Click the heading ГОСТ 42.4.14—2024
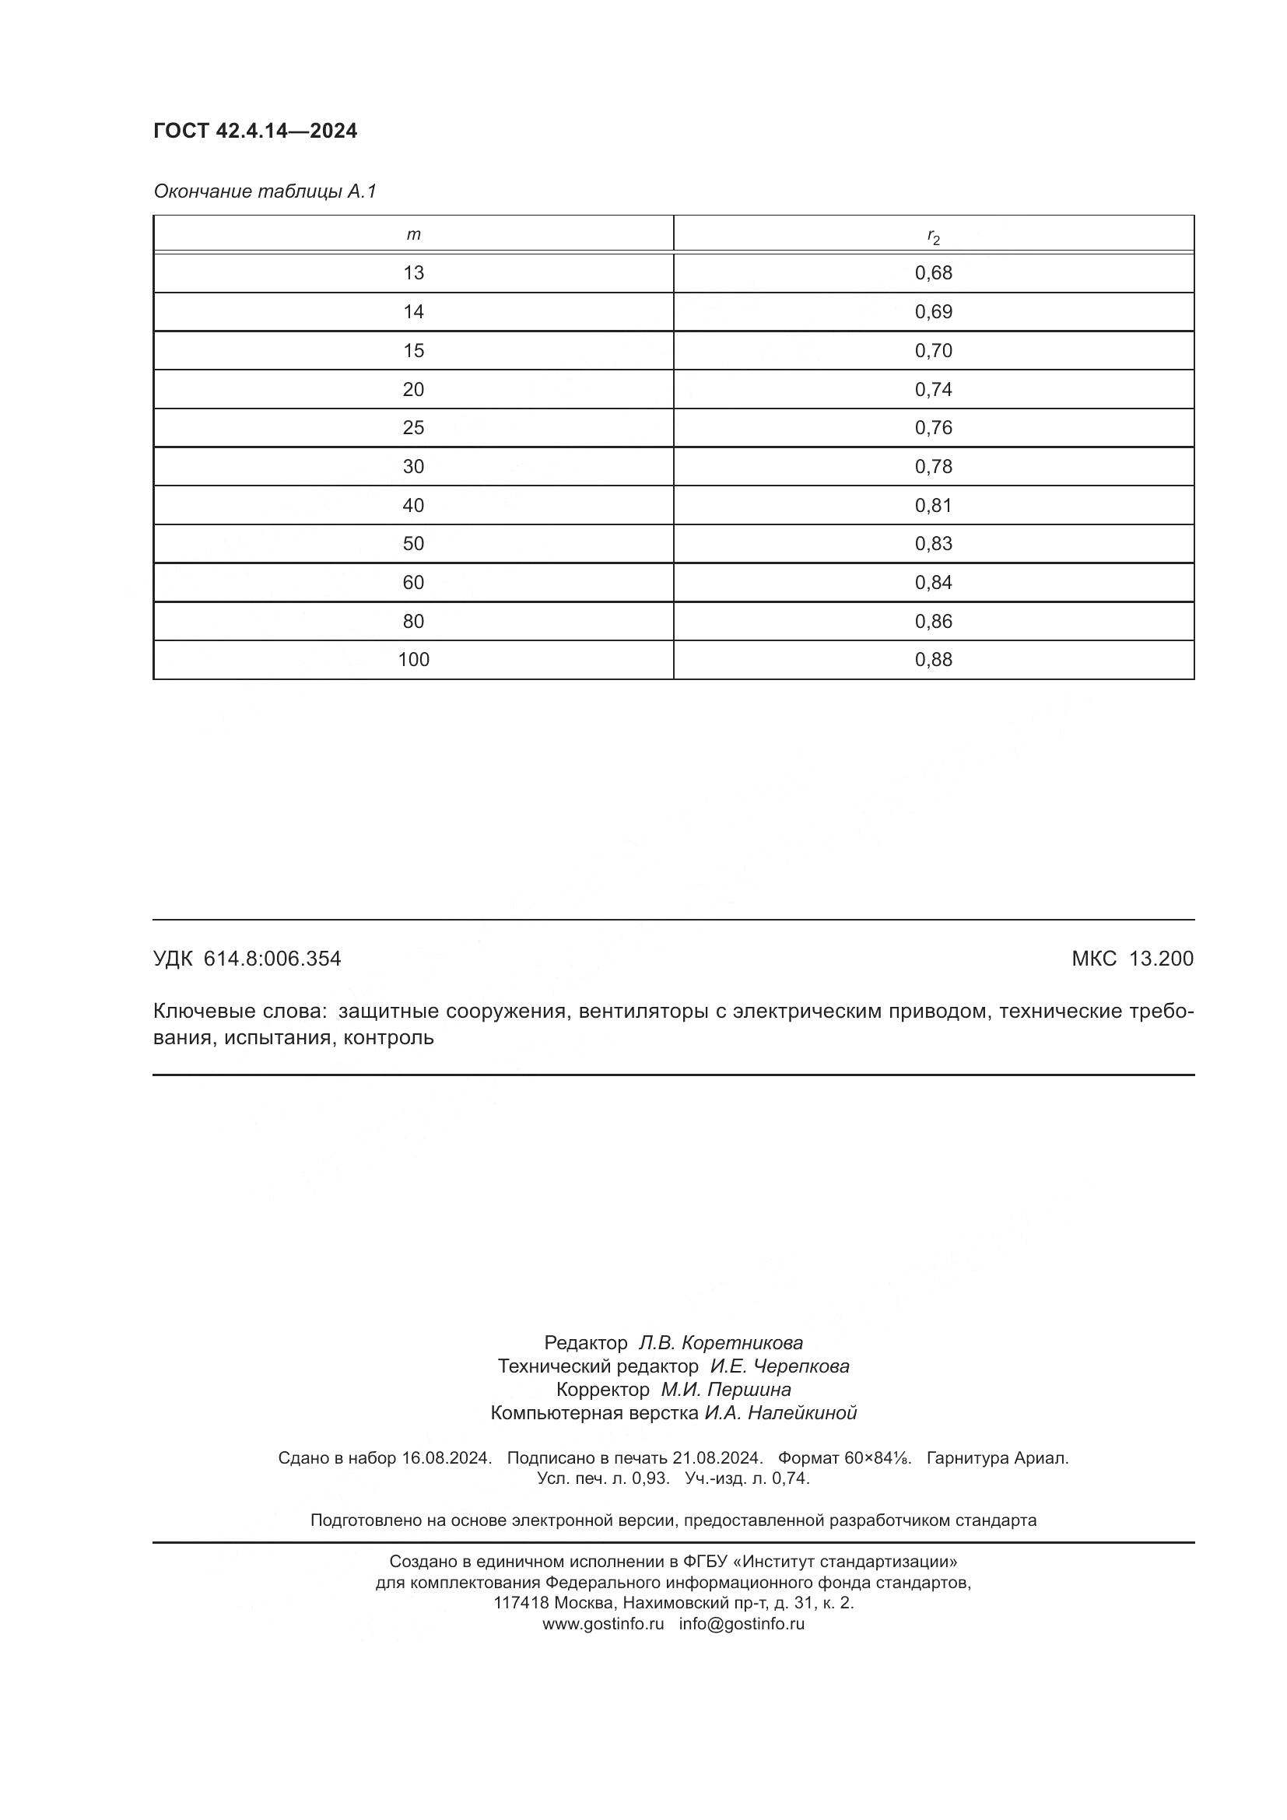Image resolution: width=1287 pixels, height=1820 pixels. (255, 131)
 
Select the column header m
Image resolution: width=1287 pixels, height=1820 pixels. (413, 235)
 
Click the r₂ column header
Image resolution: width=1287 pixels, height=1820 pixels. (933, 237)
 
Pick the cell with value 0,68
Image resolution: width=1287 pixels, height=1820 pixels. (933, 273)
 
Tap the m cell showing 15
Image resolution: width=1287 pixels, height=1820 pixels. (413, 350)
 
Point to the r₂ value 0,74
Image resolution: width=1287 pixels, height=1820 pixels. (933, 389)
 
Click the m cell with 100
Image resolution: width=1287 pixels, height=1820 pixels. (413, 660)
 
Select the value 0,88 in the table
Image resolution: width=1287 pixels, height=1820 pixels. (933, 660)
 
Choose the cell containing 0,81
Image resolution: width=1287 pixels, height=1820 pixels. (933, 505)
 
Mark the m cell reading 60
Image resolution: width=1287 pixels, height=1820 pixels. (413, 583)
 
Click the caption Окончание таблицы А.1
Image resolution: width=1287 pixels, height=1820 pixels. (265, 191)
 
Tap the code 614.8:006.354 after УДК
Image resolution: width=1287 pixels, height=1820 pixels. (272, 959)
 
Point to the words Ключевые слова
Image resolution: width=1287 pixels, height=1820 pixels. (239, 1012)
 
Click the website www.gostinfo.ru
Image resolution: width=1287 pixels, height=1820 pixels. (603, 1623)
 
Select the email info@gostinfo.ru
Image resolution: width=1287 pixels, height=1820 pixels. (741, 1623)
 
